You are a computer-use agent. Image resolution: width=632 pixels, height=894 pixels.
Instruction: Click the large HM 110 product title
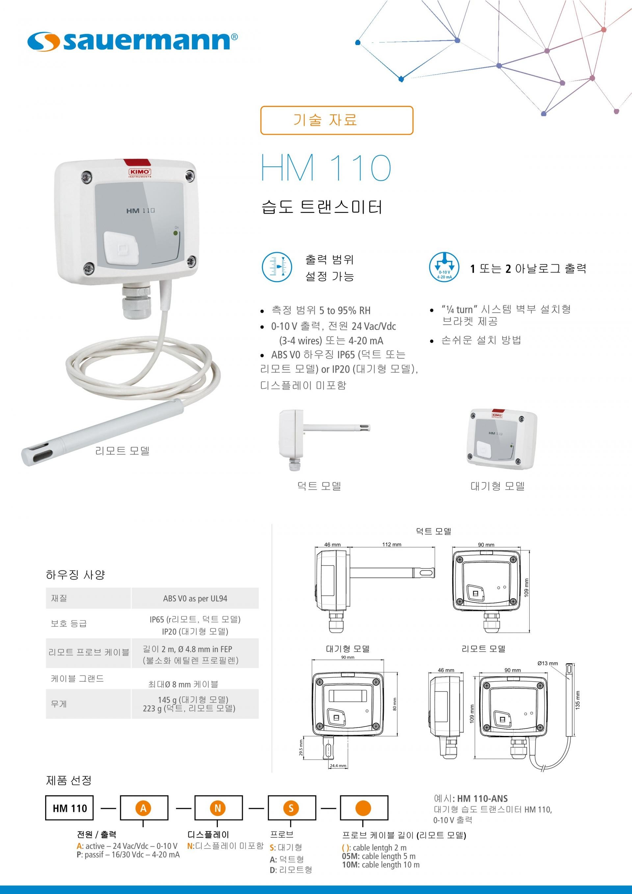pos(326,168)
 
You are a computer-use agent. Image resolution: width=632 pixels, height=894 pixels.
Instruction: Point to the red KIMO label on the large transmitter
pos(140,173)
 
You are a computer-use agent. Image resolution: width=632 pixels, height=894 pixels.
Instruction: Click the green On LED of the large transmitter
pos(175,233)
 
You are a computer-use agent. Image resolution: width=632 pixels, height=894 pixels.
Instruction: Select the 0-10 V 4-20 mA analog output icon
pos(444,267)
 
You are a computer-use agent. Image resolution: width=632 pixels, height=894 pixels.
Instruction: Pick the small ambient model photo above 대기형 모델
pos(502,439)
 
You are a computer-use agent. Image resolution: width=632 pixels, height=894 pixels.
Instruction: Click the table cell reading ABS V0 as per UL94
pos(195,598)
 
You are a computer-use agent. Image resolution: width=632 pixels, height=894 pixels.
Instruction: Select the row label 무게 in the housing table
pos(59,704)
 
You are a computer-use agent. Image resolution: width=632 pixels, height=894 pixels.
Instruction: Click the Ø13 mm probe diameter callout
pos(547,663)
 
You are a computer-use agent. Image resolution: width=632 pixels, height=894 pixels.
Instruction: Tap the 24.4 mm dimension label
pos(338,766)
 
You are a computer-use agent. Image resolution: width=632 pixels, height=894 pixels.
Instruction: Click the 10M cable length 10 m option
pos(381,865)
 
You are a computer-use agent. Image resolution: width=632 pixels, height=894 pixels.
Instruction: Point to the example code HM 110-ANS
pos(483,799)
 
